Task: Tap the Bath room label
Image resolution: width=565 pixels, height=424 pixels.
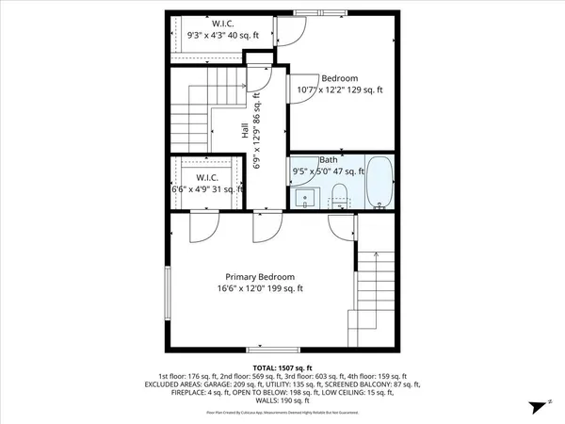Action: pyautogui.click(x=329, y=160)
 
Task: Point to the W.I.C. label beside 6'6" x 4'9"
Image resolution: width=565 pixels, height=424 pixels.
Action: pyautogui.click(x=207, y=177)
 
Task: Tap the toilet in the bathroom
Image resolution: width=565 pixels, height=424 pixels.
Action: pyautogui.click(x=341, y=195)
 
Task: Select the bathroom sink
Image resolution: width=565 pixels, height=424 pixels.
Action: pyautogui.click(x=306, y=198)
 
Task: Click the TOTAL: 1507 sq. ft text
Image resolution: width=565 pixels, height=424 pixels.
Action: pyautogui.click(x=282, y=367)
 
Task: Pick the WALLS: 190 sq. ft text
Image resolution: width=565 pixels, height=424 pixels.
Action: pyautogui.click(x=282, y=401)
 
